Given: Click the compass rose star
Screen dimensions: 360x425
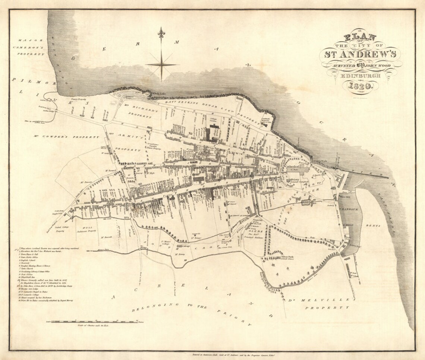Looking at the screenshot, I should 161,64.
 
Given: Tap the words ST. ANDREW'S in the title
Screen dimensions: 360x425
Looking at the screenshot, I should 361,54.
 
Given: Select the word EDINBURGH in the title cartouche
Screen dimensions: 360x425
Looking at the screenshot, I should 361,76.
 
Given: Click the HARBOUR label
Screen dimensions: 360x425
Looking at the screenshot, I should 349,209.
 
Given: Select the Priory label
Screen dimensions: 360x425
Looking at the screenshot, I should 295,179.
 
